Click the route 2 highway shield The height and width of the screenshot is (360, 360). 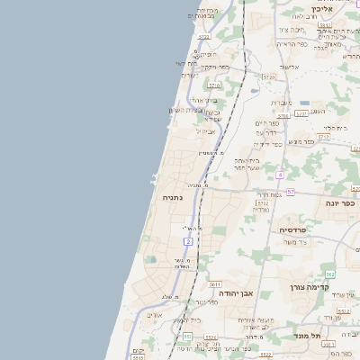coord(188,241)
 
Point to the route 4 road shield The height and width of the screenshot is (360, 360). coord(280,174)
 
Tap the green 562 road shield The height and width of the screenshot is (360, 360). coord(330,274)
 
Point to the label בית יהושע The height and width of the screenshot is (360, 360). coord(208,319)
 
